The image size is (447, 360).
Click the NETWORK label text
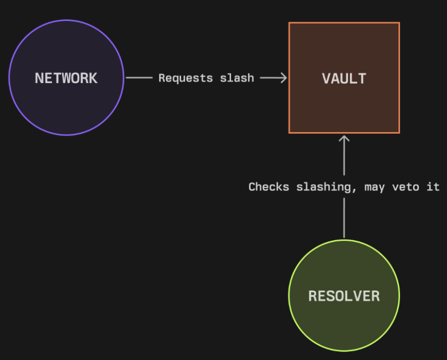point(66,78)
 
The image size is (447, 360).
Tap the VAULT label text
point(344,78)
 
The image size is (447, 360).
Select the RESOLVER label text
point(344,296)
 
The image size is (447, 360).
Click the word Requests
point(185,78)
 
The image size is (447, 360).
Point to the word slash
point(237,78)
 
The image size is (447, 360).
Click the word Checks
point(269,187)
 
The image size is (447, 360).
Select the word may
point(374,188)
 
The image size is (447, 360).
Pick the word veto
point(405,187)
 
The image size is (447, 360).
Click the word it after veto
point(433,187)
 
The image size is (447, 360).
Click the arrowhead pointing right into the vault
point(284,78)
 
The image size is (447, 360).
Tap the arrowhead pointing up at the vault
point(344,138)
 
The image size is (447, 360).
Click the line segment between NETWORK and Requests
point(139,77)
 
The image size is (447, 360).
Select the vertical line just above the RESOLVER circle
point(344,218)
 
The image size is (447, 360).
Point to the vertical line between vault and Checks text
point(344,155)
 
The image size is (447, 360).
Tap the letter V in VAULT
point(326,78)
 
